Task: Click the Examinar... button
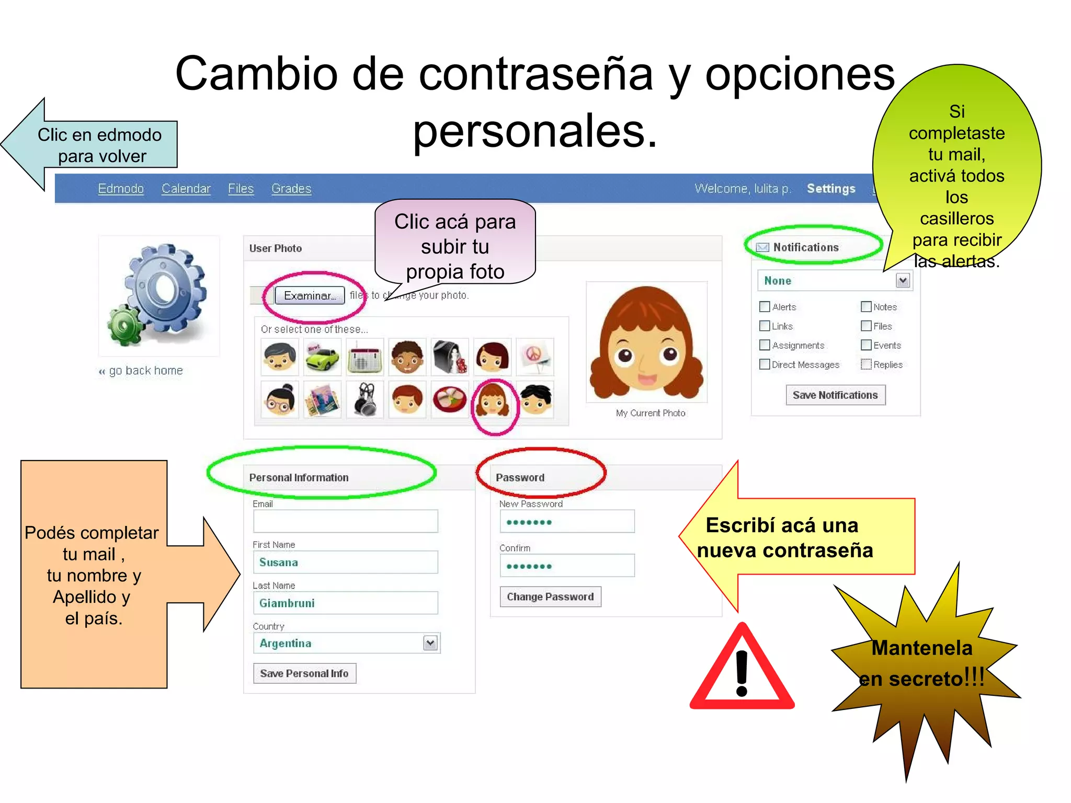coord(310,295)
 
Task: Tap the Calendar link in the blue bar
coord(186,188)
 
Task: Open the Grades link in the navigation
coord(291,188)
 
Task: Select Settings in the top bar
coord(830,188)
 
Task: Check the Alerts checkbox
coord(765,307)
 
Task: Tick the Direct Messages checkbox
coord(765,364)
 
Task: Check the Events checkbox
coord(866,345)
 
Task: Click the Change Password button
coord(550,596)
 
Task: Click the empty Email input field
coord(345,521)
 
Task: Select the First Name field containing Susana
coord(345,562)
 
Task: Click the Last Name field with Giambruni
coord(345,603)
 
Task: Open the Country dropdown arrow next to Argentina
coord(430,643)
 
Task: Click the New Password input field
coord(567,522)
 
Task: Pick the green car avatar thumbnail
coord(322,357)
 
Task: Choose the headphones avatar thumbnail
coord(365,400)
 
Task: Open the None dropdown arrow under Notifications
coord(903,281)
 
